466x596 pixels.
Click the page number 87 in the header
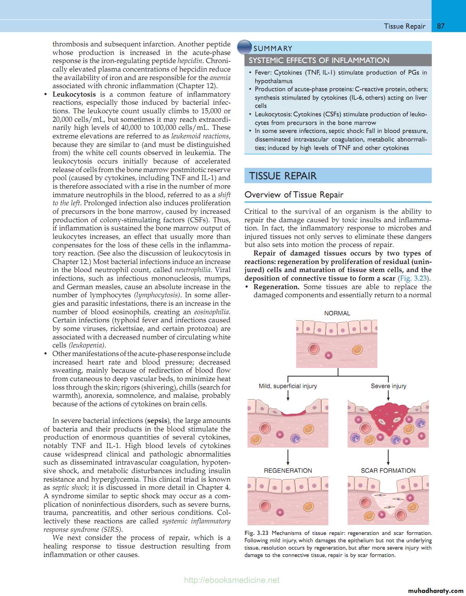[x=441, y=26]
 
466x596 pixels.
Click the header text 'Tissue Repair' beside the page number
[x=405, y=26]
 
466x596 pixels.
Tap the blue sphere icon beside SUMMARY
[x=244, y=47]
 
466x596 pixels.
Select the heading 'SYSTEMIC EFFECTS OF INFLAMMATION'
[x=319, y=60]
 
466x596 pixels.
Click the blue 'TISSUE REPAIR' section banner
[x=338, y=176]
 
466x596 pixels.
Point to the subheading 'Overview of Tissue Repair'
[x=294, y=195]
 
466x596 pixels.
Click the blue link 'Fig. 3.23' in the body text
[x=413, y=278]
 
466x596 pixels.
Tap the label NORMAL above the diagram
[x=337, y=313]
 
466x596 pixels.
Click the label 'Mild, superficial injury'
[x=288, y=386]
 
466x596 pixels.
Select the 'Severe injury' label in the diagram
[x=388, y=386]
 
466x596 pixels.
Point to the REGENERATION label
[x=288, y=470]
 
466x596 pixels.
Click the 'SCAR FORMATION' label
[x=388, y=470]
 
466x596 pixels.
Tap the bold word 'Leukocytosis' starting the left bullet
[x=74, y=94]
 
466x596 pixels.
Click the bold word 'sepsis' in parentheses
[x=157, y=421]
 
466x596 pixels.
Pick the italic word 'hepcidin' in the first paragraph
[x=190, y=61]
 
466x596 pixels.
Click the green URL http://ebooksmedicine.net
[x=232, y=580]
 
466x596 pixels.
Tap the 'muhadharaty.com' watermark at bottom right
[x=435, y=591]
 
